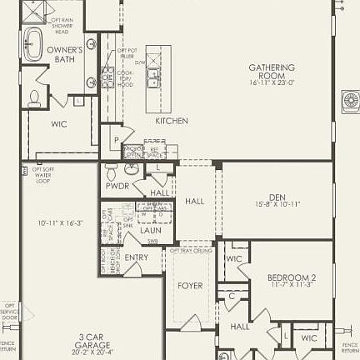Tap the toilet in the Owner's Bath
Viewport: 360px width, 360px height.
pyautogui.click(x=34, y=97)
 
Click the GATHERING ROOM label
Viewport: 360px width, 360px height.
pyautogui.click(x=272, y=68)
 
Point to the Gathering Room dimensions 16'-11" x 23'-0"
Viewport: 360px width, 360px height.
pyautogui.click(x=272, y=82)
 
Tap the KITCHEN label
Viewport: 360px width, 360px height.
pyautogui.click(x=172, y=121)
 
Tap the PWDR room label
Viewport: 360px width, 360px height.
pyautogui.click(x=117, y=186)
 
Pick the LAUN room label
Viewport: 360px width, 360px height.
pyautogui.click(x=150, y=230)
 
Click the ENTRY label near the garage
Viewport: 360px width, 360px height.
pyautogui.click(x=136, y=257)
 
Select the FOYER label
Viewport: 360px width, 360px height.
pyautogui.click(x=190, y=286)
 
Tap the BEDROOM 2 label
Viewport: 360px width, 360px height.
pyautogui.click(x=291, y=277)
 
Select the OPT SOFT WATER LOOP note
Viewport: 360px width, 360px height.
pyautogui.click(x=43, y=174)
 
